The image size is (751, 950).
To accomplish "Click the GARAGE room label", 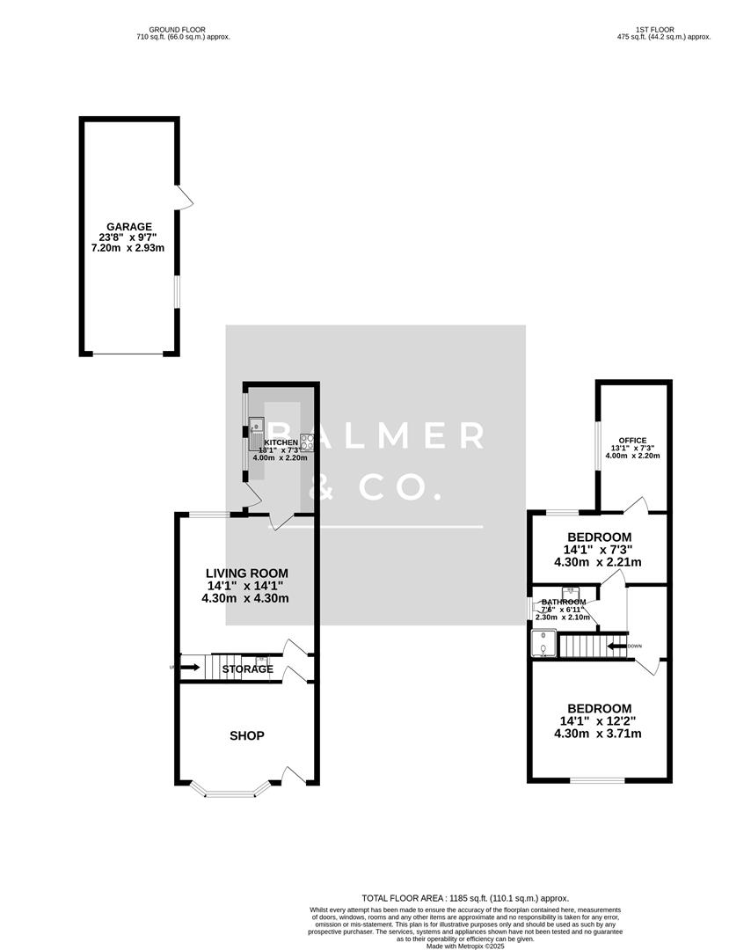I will click(x=130, y=226).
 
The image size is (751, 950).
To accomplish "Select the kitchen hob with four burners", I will click(x=307, y=442).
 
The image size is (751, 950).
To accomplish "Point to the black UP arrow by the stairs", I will click(x=189, y=668).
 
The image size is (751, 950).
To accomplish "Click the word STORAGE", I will click(x=247, y=669).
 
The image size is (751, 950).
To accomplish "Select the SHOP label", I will click(x=247, y=735).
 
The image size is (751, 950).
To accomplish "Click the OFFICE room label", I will click(x=632, y=440).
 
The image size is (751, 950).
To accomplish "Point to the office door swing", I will click(x=636, y=506).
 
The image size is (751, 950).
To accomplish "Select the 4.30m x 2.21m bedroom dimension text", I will click(x=597, y=562).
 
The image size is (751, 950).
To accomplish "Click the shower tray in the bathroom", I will click(x=544, y=644).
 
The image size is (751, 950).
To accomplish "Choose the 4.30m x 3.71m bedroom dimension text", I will click(x=597, y=733).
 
